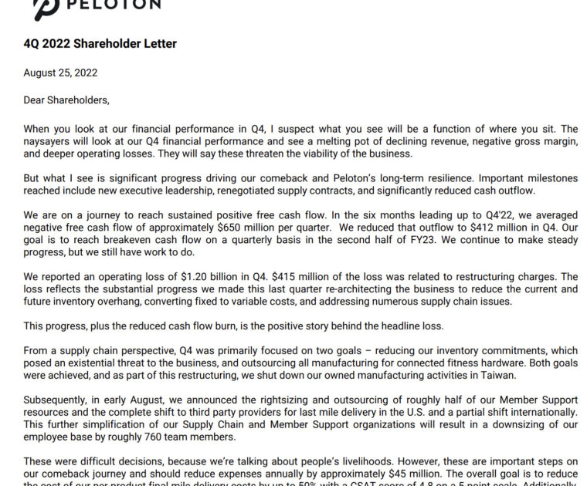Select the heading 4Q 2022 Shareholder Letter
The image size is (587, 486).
coord(100,44)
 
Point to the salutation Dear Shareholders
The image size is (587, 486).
coord(66,100)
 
